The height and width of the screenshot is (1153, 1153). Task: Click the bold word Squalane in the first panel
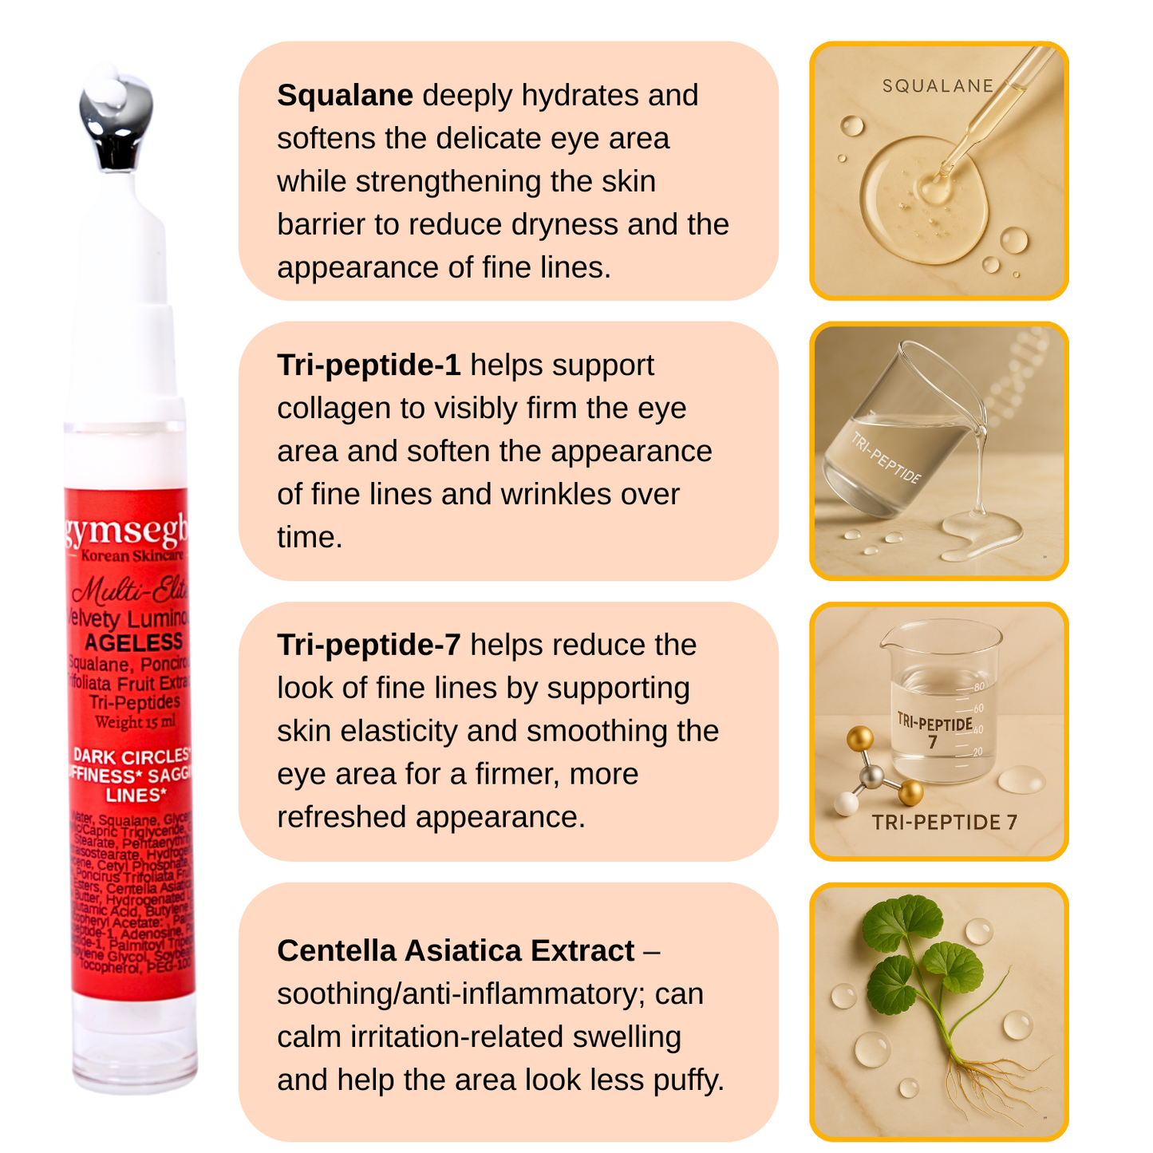coord(345,96)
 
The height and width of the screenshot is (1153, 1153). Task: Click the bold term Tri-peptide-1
coord(369,365)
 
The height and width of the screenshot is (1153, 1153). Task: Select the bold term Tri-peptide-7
coord(369,646)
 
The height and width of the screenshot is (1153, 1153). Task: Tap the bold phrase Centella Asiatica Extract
coord(456,951)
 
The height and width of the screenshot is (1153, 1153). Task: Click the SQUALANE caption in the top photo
coord(938,86)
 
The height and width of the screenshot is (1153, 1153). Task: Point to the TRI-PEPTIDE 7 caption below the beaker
coord(944,823)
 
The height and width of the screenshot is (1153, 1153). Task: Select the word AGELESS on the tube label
coord(134,643)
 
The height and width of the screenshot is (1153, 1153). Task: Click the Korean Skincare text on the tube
coord(132,555)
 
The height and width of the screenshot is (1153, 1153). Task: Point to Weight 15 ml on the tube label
coord(135,723)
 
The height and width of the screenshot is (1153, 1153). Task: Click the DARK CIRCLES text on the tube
coord(132,756)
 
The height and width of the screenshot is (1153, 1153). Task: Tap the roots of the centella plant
coord(989,1077)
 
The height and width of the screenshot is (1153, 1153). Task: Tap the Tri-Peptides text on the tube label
coord(135,702)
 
